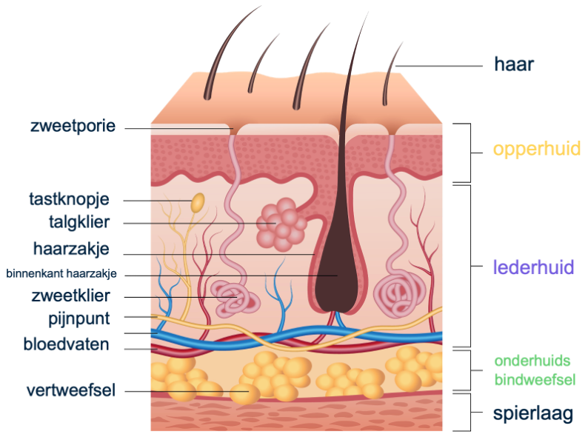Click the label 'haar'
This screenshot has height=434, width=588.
pos(514,64)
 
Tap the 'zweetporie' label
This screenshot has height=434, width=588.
pos(73,126)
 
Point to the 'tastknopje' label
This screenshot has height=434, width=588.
pos(69,199)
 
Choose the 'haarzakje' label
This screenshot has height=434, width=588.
pos(71,248)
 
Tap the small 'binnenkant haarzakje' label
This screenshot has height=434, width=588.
pos(61,274)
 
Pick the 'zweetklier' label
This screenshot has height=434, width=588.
pos(70,297)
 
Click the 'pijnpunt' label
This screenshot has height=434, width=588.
pos(77,319)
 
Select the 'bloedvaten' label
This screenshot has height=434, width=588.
pos(66,344)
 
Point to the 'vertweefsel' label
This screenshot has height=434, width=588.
pos(70,390)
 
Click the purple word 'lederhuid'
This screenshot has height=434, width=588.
pos(533,267)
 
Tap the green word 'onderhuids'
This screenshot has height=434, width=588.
pos(532,361)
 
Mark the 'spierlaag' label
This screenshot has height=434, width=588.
pos(534,413)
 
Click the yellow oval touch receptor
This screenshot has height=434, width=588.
pos(198,202)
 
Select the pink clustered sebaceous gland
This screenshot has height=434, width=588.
pos(281,223)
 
